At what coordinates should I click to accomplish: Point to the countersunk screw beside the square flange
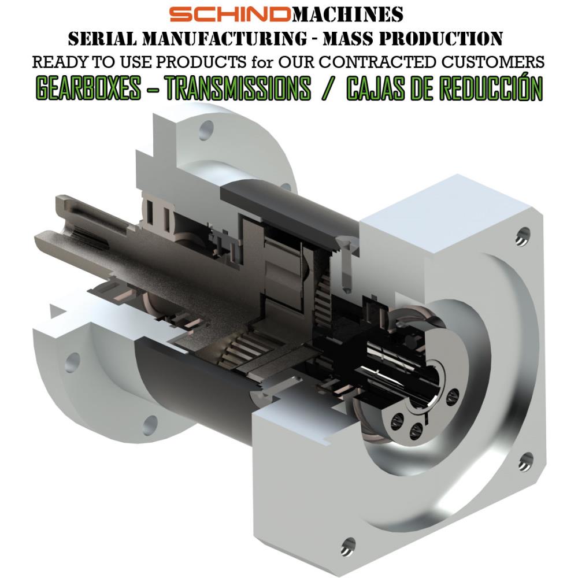point(345,263)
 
